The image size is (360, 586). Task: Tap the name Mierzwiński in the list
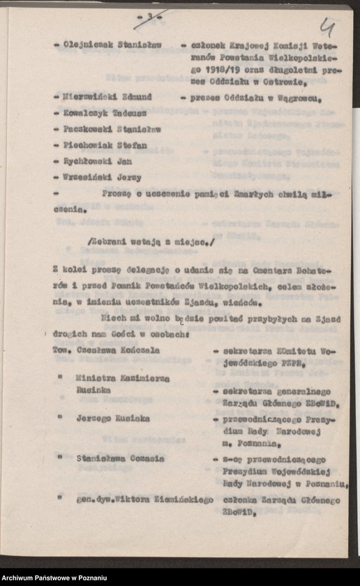pos(89,97)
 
